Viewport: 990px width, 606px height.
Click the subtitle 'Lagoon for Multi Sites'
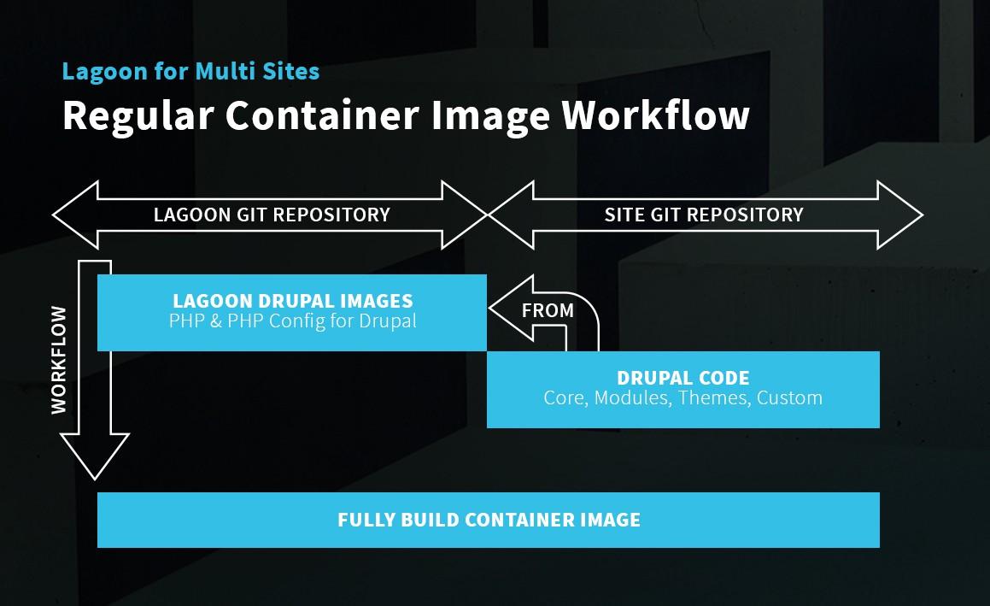tap(190, 71)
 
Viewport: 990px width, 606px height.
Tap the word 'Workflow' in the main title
tap(655, 115)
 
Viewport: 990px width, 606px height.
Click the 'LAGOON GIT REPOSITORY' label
tap(272, 215)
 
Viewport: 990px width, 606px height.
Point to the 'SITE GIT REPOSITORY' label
tap(704, 215)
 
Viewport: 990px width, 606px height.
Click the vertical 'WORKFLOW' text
tap(59, 360)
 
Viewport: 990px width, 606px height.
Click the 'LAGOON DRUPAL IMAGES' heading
tap(292, 301)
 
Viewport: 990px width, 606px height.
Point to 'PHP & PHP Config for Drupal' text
tap(292, 321)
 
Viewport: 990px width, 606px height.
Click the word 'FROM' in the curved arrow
tap(548, 310)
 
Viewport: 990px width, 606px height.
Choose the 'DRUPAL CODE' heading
tap(682, 378)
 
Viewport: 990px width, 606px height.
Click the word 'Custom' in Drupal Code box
tap(789, 397)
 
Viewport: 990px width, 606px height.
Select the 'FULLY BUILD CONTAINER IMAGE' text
tap(489, 520)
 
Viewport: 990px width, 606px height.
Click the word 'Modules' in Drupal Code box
tap(631, 397)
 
